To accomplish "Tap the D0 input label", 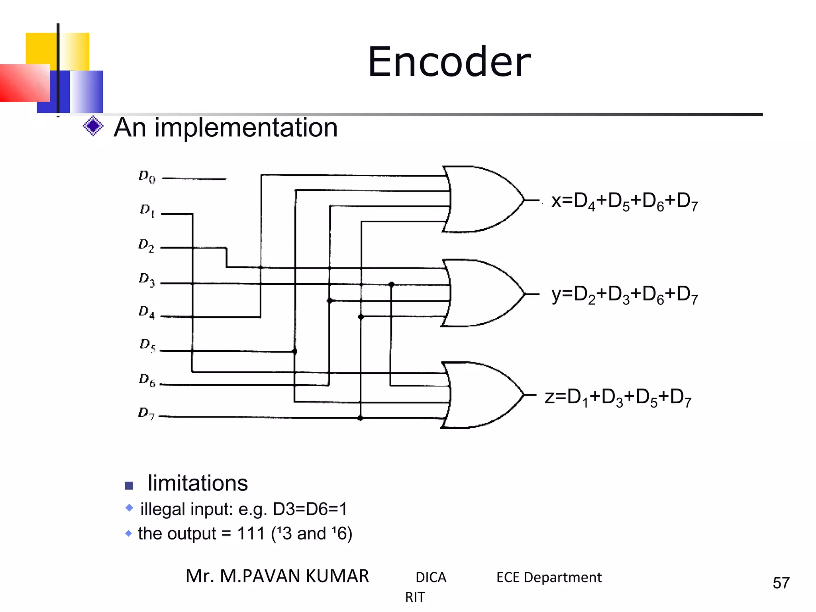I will tap(147, 177).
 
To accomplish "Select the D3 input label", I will tap(147, 280).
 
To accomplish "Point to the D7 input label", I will tap(146, 414).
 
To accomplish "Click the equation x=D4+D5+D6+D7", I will tap(624, 201).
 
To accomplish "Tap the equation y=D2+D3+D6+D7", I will tap(624, 295).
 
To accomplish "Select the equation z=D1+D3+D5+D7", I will tap(618, 398).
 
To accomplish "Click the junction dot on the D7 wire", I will tap(360, 418).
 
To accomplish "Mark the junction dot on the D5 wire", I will tap(295, 351).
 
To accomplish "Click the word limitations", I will tap(198, 483).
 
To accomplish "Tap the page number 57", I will tap(781, 583).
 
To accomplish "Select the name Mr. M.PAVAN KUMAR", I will tap(277, 576).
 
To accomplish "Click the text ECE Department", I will tap(549, 577).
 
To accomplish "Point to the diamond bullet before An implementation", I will tap(93, 126).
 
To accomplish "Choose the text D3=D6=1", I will tap(310, 509).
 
